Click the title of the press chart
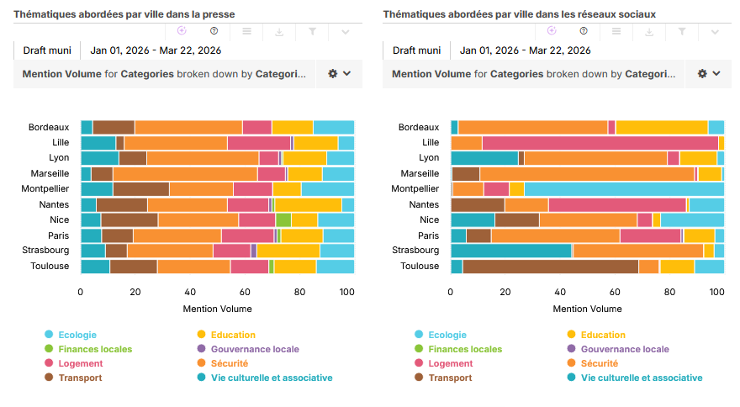point(124,14)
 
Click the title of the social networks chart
point(519,14)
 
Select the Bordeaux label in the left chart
point(49,127)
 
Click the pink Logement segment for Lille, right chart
point(600,143)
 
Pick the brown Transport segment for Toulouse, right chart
point(550,267)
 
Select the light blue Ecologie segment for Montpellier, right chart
point(624,188)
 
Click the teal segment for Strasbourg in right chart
point(511,250)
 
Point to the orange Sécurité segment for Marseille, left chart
point(185,173)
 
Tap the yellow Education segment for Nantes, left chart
point(308,204)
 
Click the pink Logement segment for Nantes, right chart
point(617,204)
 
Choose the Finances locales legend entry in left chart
point(94,349)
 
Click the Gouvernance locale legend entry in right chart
point(624,349)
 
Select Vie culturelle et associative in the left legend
point(266,378)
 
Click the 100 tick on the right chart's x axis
point(716,293)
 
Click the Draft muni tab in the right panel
point(416,50)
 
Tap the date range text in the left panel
point(156,50)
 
